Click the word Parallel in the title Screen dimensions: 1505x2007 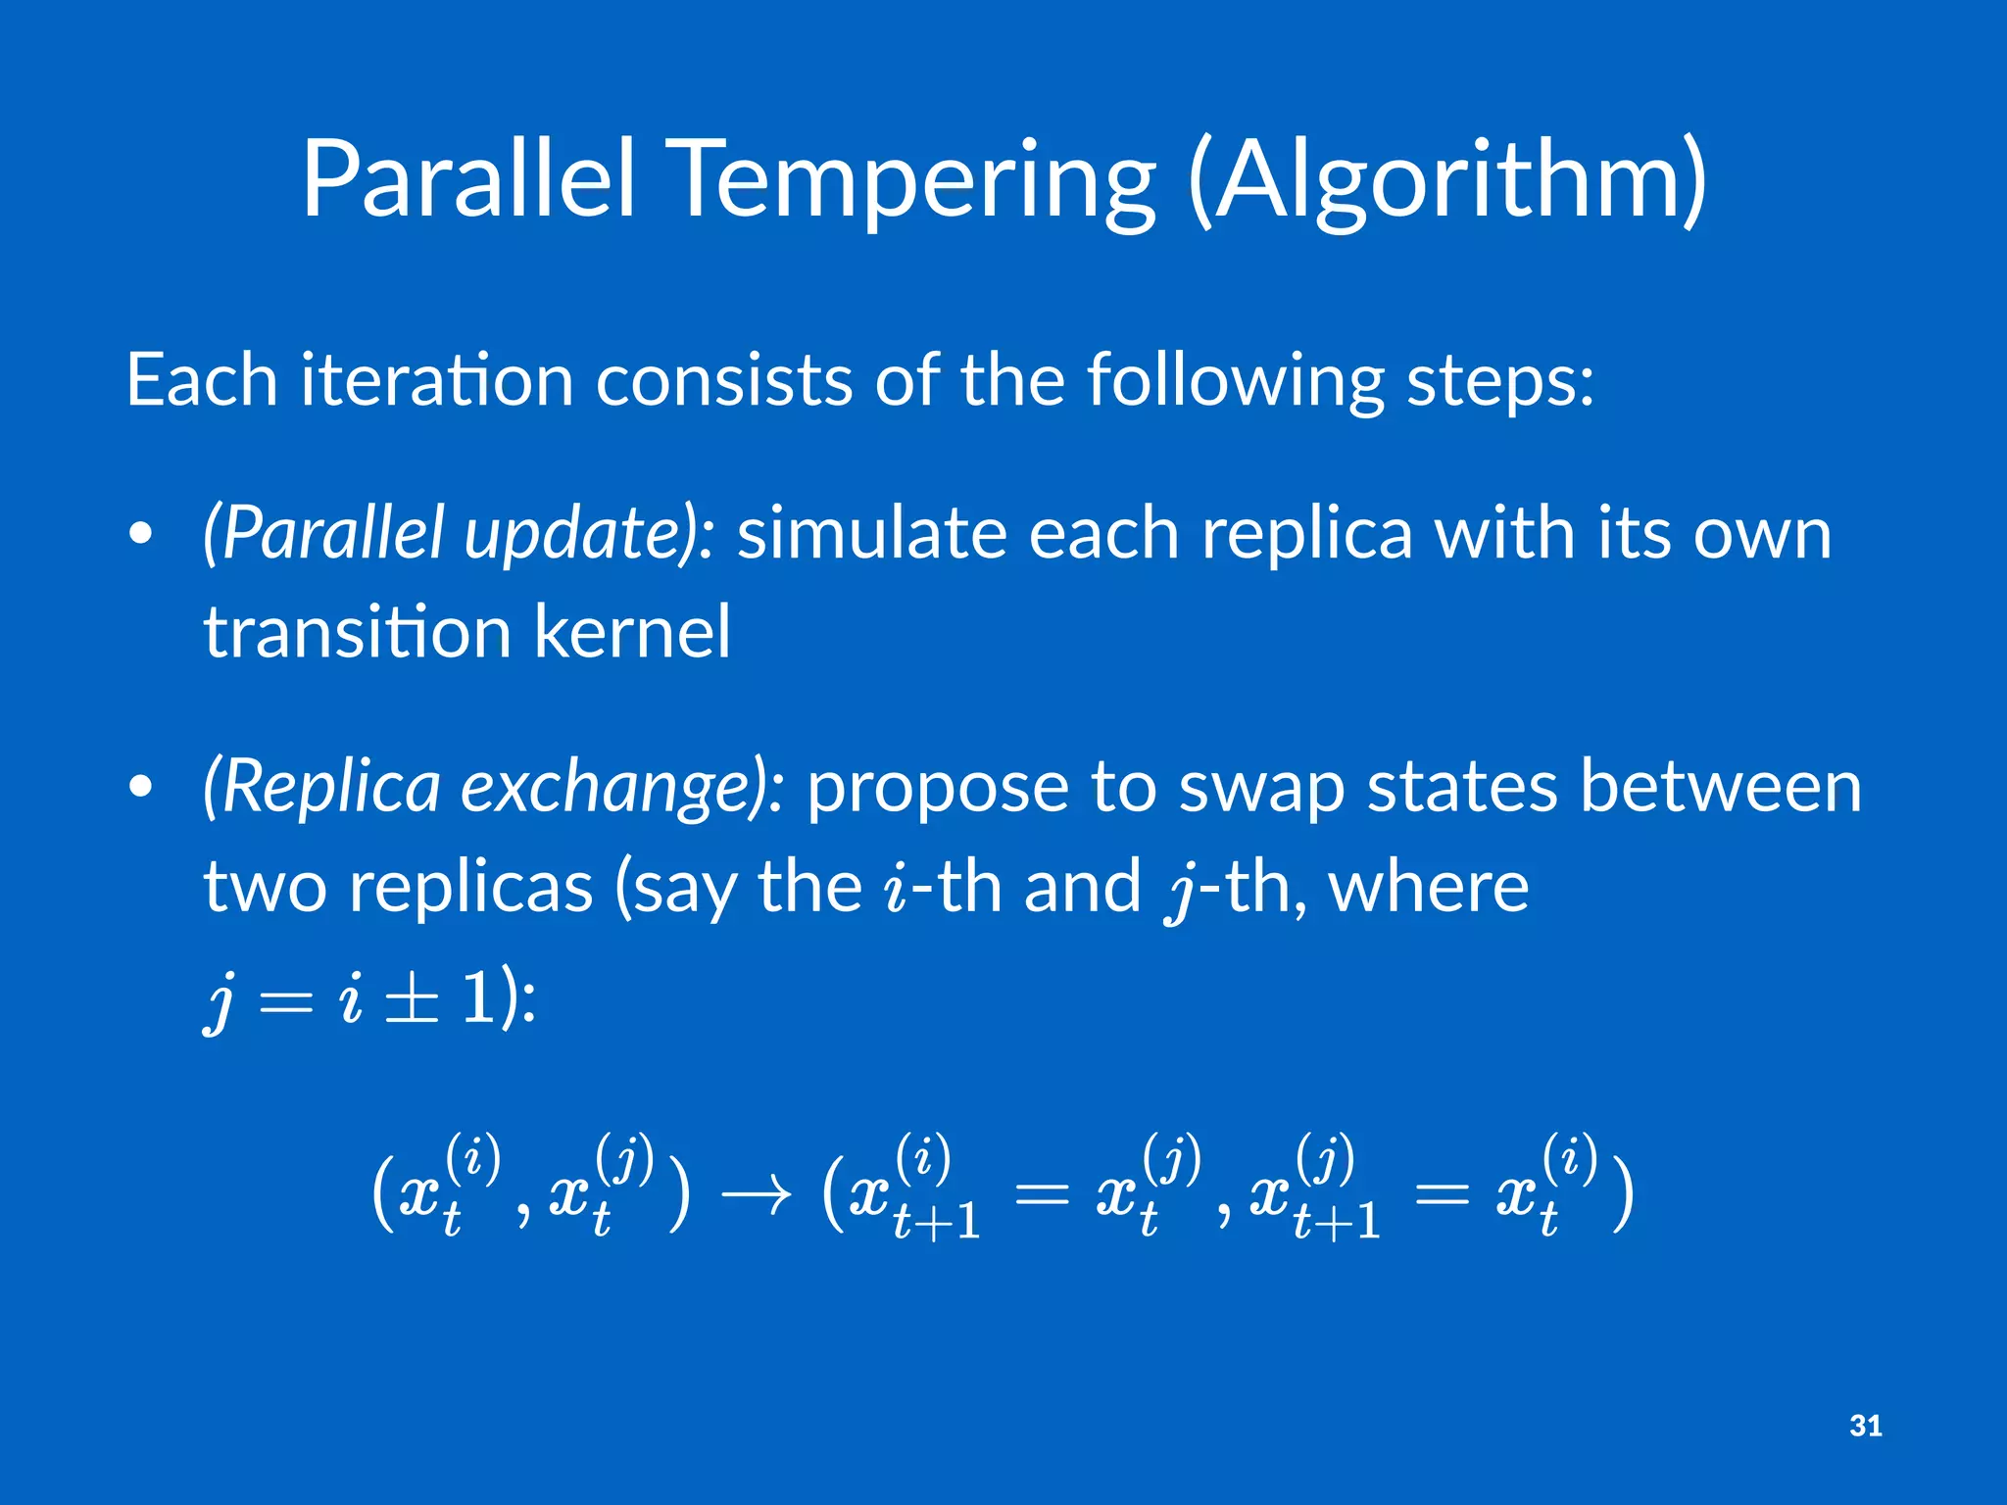(468, 179)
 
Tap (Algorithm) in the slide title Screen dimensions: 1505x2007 (1446, 181)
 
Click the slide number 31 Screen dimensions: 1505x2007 (1865, 1426)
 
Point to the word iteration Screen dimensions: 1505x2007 (437, 380)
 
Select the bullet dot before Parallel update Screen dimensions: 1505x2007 (141, 534)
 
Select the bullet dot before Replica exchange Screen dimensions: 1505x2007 (141, 786)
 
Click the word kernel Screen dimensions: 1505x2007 (633, 632)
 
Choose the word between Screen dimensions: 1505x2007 (1721, 787)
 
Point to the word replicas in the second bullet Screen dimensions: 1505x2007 (470, 888)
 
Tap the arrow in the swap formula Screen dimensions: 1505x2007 (756, 1195)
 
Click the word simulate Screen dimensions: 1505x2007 (872, 534)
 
